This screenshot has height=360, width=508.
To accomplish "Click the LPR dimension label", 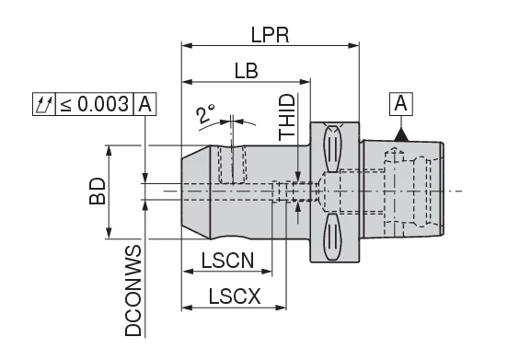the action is coord(270,35).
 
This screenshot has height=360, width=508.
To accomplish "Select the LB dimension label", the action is coord(247,71).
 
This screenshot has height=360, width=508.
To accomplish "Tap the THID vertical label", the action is coord(287,117).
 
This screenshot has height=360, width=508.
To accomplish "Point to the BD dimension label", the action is coord(98,191).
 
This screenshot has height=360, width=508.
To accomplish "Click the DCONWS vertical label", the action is coord(133,291).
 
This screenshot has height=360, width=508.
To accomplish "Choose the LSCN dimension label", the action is coord(227,261).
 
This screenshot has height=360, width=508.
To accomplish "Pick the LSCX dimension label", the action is coord(235,296).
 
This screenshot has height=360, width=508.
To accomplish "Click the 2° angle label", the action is coord(204,113).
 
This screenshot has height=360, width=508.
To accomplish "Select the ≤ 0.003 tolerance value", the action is coord(94,104).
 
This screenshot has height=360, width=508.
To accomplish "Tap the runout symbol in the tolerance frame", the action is coord(44,104).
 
